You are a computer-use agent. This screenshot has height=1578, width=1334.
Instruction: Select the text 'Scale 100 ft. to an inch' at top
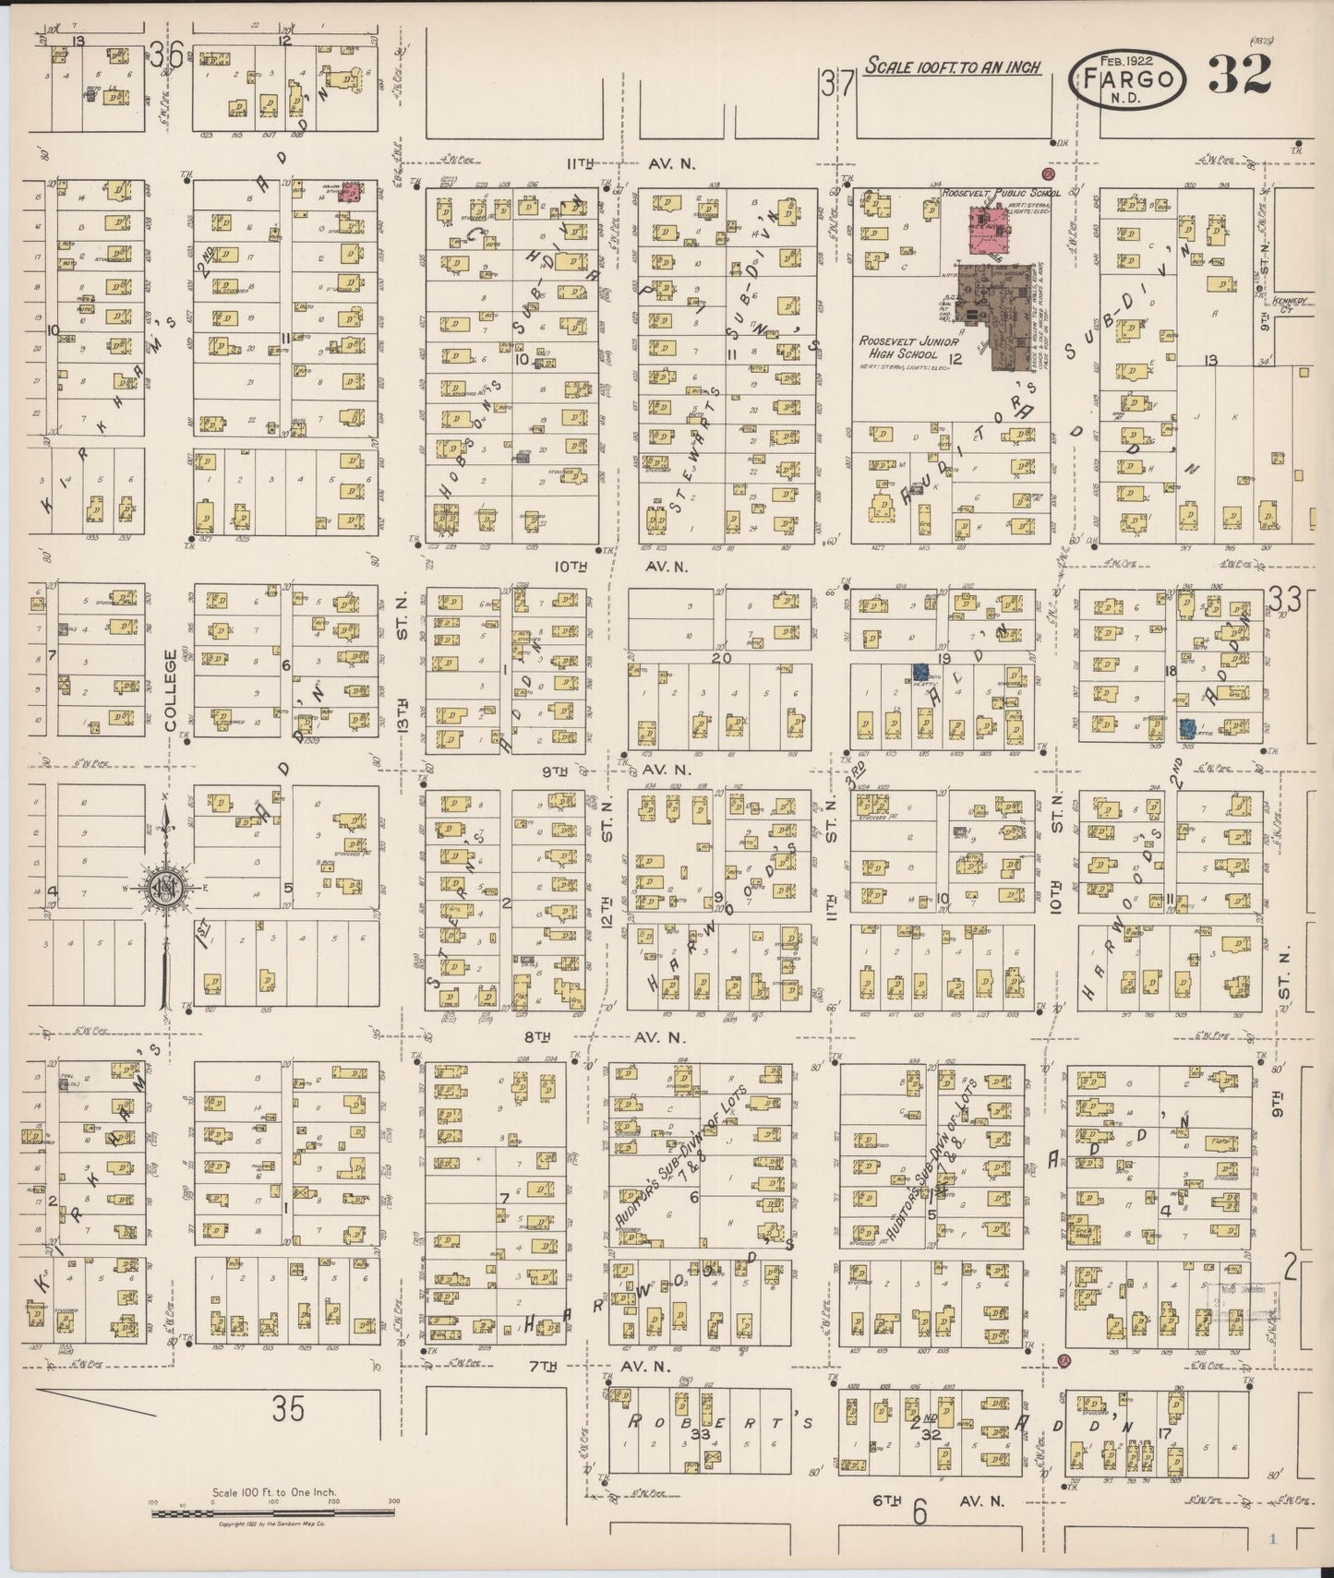953,66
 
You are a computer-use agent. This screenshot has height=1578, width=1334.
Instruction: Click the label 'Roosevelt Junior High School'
900,348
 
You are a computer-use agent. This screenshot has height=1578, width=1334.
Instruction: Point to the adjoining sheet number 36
167,57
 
